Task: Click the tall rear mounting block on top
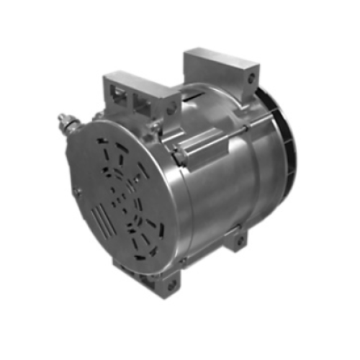(220, 68)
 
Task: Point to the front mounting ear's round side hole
(173, 107)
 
